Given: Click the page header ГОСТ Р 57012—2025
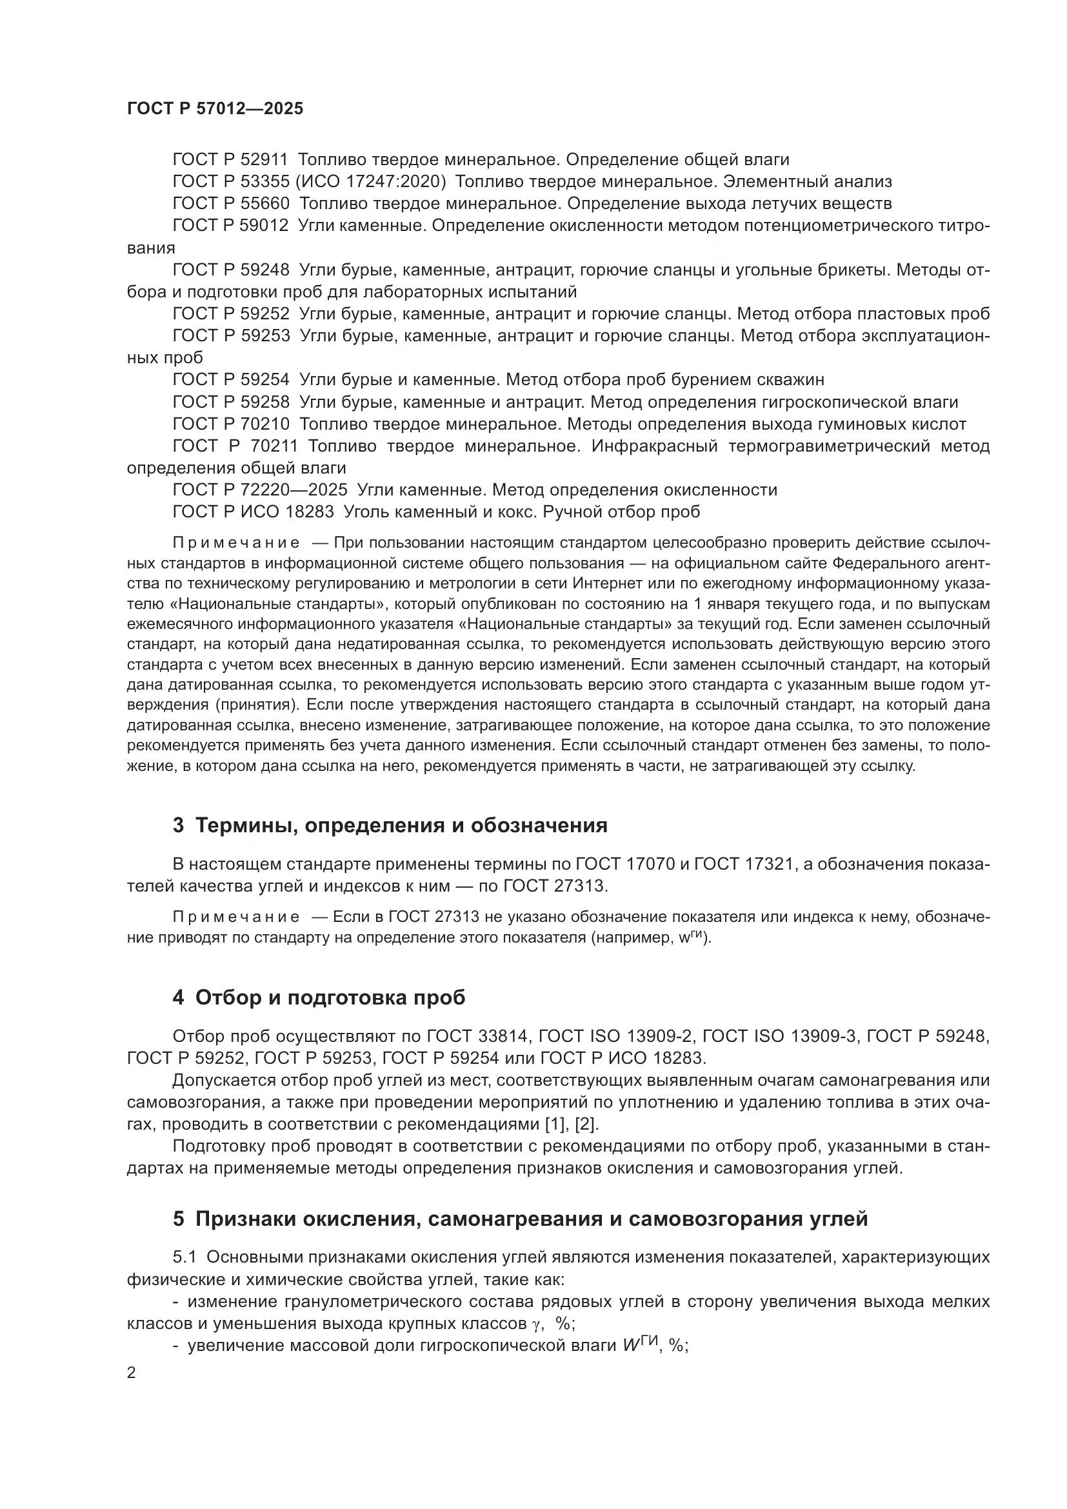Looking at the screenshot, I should [x=215, y=109].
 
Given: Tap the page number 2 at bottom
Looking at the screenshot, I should [x=132, y=1374].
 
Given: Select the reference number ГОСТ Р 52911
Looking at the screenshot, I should [x=230, y=160].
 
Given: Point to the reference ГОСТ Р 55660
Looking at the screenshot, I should [x=230, y=204].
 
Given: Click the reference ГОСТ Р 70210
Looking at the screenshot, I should [x=230, y=424].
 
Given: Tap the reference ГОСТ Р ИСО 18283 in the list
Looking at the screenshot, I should [x=253, y=512].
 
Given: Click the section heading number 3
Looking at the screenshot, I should [x=178, y=826].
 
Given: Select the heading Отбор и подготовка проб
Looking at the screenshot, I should [x=330, y=997].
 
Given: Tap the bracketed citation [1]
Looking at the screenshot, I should [x=557, y=1124].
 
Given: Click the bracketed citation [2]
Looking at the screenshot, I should [x=584, y=1124].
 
